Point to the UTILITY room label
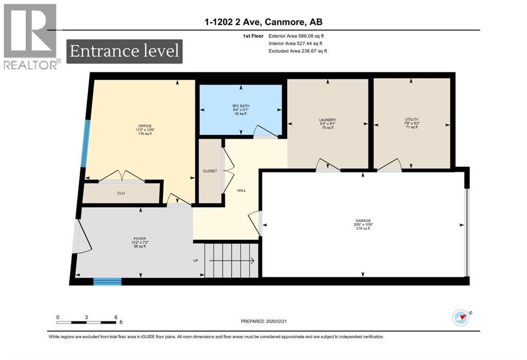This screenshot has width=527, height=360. point(411,123)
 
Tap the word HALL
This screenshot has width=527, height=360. point(241,191)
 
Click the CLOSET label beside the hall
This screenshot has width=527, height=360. point(210,171)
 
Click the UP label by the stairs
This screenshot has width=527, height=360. point(196,261)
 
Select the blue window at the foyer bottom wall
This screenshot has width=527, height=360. point(107,281)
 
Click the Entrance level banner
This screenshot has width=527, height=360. point(124,52)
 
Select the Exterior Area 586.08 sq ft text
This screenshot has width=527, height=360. point(297,37)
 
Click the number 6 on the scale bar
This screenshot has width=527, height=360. point(116,317)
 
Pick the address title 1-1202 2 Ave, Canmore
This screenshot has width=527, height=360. point(263,22)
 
